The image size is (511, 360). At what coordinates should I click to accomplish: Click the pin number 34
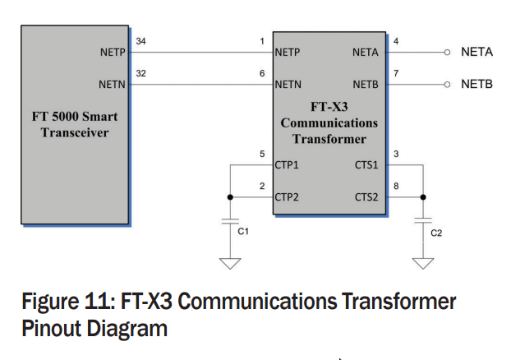142,41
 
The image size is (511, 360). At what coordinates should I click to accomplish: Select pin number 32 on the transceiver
142,73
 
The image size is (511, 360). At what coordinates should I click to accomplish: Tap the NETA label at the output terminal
476,53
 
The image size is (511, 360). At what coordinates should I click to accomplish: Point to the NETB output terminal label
476,84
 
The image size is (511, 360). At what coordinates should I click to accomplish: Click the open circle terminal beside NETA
447,53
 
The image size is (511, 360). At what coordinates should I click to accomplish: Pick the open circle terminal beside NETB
447,84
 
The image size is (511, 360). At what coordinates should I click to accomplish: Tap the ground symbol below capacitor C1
230,262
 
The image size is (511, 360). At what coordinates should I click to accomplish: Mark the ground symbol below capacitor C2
423,263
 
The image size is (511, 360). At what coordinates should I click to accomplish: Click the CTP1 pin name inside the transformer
287,165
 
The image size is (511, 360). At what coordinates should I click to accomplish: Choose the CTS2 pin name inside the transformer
367,197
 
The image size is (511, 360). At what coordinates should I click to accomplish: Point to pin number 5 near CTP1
262,155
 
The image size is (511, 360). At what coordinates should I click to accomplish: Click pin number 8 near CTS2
397,187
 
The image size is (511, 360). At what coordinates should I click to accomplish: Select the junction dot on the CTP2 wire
230,197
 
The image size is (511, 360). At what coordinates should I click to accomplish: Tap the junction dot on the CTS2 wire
423,197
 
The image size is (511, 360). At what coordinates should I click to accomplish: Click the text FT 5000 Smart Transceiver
75,125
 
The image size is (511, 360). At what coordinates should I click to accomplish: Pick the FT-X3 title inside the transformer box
329,107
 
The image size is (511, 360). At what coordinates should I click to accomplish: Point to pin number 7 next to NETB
397,73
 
